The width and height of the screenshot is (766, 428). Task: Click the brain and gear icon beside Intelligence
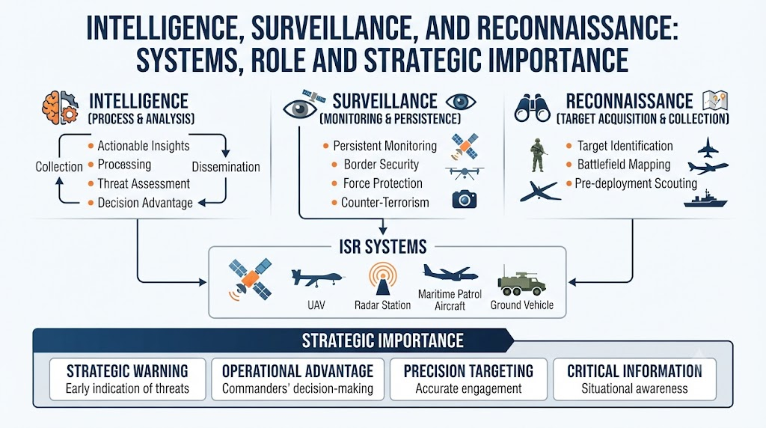click(x=60, y=108)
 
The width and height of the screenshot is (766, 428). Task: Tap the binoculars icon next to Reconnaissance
click(x=532, y=108)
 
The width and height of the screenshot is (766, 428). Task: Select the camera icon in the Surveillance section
click(x=464, y=199)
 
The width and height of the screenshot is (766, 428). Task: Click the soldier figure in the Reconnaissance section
click(x=538, y=155)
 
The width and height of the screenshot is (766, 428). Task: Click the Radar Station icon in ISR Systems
click(x=382, y=278)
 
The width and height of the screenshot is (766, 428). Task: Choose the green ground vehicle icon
click(x=521, y=281)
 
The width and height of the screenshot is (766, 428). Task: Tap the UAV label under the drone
click(x=316, y=305)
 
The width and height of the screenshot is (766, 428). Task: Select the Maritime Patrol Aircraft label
click(x=450, y=300)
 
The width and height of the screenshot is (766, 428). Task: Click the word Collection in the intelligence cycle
click(x=59, y=167)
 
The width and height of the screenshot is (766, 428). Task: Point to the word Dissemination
click(x=226, y=167)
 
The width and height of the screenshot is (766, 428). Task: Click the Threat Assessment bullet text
click(x=144, y=184)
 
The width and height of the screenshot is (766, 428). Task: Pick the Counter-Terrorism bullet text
click(x=385, y=203)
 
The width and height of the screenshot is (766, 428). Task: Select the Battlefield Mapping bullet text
click(x=624, y=165)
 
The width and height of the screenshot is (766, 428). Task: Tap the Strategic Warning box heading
click(x=127, y=371)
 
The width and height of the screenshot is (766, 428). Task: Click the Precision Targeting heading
click(x=468, y=371)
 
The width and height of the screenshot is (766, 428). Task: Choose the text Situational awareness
click(x=634, y=389)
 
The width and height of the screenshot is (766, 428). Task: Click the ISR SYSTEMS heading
click(x=383, y=247)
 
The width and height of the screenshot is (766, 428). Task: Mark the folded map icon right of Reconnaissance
click(x=715, y=101)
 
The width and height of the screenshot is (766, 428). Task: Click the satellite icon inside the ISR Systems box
click(x=250, y=279)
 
